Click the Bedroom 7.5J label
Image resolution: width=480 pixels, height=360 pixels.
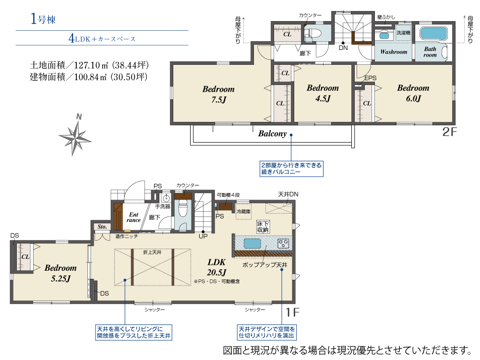(218, 94)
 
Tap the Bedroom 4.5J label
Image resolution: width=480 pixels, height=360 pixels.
(323, 93)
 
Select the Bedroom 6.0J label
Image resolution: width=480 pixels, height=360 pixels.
(413, 93)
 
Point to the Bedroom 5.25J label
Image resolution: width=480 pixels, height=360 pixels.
(60, 273)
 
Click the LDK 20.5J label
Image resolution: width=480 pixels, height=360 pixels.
(216, 267)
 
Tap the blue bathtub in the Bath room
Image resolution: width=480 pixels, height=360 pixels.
(433, 34)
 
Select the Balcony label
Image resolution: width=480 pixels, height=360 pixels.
(272, 134)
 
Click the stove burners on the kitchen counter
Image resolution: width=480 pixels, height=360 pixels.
(283, 243)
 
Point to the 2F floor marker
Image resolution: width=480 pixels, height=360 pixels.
(449, 132)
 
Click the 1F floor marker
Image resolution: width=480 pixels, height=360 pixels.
(292, 312)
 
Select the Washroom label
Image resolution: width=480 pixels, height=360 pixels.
(394, 52)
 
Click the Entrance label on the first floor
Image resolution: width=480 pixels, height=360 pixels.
(133, 217)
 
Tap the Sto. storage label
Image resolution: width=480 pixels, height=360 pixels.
(102, 227)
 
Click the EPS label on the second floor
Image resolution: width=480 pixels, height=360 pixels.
(371, 78)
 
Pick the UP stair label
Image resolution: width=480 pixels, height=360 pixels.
(203, 236)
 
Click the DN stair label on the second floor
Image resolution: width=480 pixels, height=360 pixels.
(343, 48)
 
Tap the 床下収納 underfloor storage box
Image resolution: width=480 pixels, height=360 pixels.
(263, 227)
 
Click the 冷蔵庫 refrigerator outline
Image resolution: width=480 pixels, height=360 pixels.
(243, 212)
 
